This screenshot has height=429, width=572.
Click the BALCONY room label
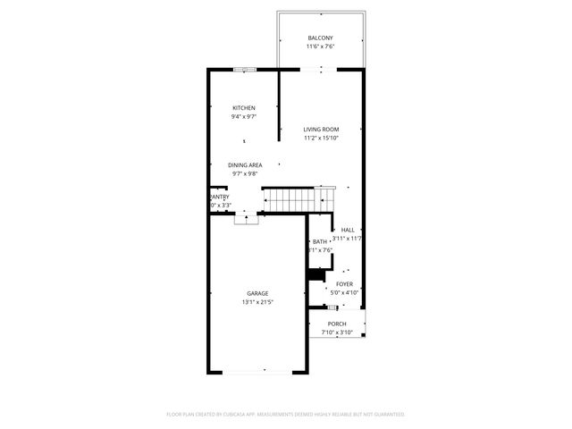pyautogui.click(x=320, y=38)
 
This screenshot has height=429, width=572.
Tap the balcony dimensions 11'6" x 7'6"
pyautogui.click(x=320, y=46)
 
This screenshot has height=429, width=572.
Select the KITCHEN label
pyautogui.click(x=244, y=108)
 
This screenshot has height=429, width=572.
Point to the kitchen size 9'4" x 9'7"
pyautogui.click(x=244, y=117)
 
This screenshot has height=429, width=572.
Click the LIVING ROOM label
pyautogui.click(x=321, y=130)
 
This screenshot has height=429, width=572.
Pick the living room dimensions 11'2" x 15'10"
pyautogui.click(x=321, y=139)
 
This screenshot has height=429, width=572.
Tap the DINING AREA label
pyautogui.click(x=245, y=165)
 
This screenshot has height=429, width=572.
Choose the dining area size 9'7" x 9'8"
pyautogui.click(x=245, y=174)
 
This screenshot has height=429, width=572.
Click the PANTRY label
pyautogui.click(x=219, y=197)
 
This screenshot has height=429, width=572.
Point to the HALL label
pyautogui.click(x=348, y=230)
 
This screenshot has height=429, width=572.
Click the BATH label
pyautogui.click(x=320, y=242)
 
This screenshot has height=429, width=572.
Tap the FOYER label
pyautogui.click(x=344, y=283)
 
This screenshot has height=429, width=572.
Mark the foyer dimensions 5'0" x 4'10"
pyautogui.click(x=344, y=292)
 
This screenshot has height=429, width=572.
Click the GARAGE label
pyautogui.click(x=257, y=293)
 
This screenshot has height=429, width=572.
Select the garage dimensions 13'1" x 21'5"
pyautogui.click(x=257, y=302)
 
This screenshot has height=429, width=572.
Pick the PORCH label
pyautogui.click(x=337, y=324)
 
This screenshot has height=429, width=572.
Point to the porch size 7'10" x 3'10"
pyautogui.click(x=337, y=332)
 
